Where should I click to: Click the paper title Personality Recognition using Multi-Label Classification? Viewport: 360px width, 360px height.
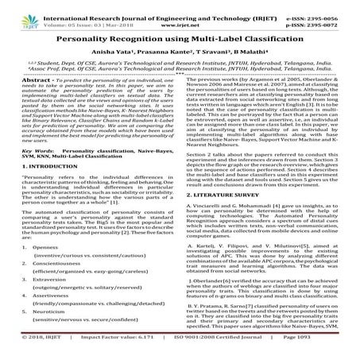[x=180, y=37]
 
